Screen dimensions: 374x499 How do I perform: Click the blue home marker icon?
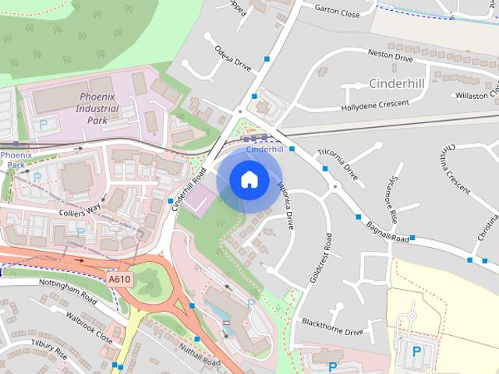pyautogui.click(x=248, y=180)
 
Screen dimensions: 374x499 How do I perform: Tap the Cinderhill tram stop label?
pyautogui.click(x=264, y=149)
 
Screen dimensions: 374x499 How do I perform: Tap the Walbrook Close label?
pyautogui.click(x=88, y=329)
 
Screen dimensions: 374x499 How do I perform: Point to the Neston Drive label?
pyautogui.click(x=391, y=56)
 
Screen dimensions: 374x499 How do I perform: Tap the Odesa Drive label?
pyautogui.click(x=233, y=55)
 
